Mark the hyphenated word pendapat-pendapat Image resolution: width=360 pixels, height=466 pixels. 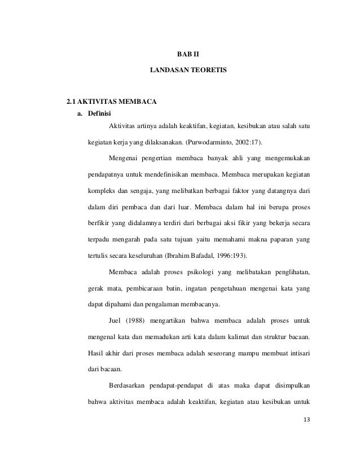(x=179, y=386)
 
